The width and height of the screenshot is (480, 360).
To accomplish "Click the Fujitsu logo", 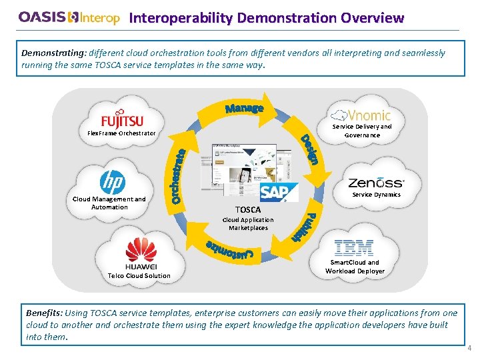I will [122, 118].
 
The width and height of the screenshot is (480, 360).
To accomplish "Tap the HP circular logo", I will [113, 182].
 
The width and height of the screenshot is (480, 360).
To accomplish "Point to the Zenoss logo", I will [376, 182].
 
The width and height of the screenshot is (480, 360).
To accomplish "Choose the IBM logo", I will [354, 249].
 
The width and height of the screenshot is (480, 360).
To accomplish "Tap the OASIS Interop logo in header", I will [69, 18].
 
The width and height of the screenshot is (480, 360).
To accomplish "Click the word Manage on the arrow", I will [244, 108].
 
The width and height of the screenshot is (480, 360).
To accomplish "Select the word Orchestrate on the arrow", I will [178, 175].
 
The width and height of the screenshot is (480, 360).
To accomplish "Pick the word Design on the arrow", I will [312, 149].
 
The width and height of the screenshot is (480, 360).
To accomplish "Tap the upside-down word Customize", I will [230, 250].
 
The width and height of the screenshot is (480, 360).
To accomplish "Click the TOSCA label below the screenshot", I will [248, 209].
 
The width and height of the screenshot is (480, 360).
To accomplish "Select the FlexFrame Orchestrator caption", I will [121, 133].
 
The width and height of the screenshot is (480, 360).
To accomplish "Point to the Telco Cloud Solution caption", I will [139, 275].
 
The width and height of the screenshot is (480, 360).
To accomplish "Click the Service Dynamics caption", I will [376, 195].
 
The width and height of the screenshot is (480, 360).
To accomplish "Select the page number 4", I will [469, 348].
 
